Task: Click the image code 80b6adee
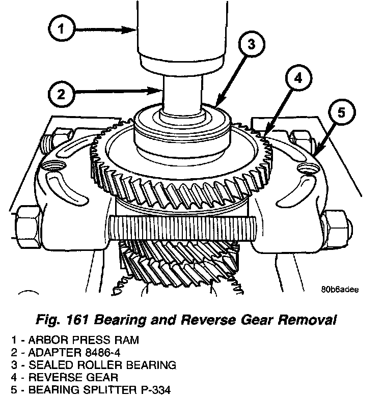(340, 290)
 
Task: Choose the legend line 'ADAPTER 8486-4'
(68, 353)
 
